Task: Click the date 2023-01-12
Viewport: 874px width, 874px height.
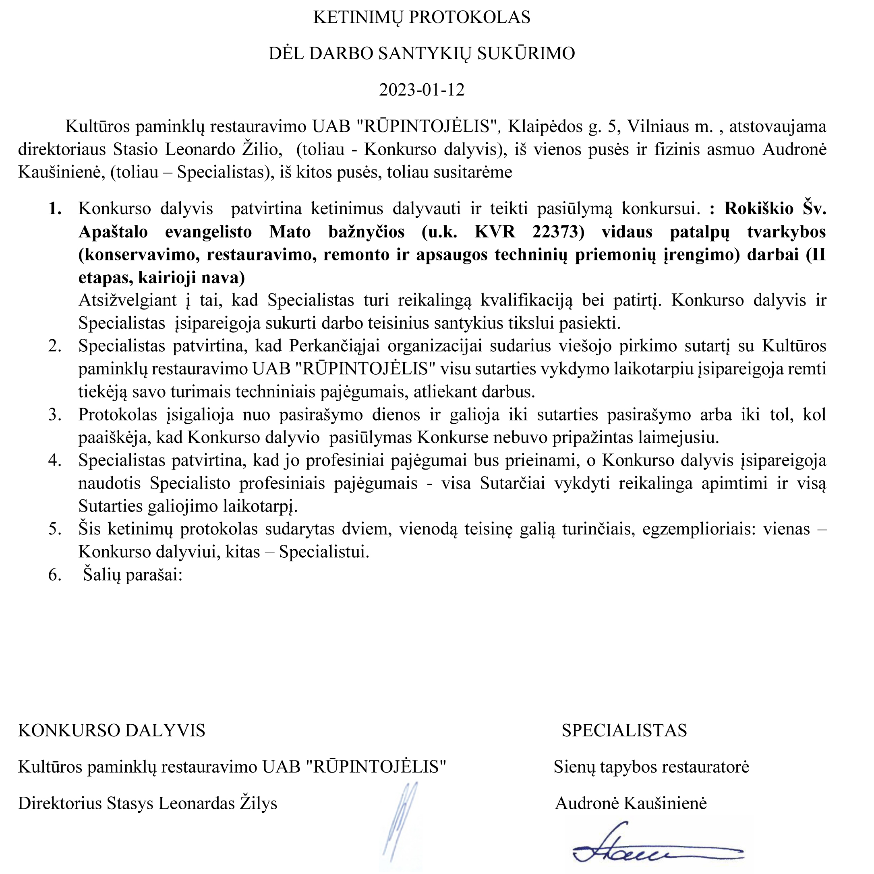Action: (422, 90)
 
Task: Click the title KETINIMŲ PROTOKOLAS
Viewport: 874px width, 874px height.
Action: (422, 17)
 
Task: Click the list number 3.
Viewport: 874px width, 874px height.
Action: (55, 414)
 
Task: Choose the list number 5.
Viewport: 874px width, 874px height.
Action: (55, 529)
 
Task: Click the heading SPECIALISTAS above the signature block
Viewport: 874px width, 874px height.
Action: (624, 731)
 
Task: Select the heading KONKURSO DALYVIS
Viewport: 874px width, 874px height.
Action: (112, 731)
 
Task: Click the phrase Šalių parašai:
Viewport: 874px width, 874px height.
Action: (132, 575)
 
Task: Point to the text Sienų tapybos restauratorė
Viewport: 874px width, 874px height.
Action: (651, 767)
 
